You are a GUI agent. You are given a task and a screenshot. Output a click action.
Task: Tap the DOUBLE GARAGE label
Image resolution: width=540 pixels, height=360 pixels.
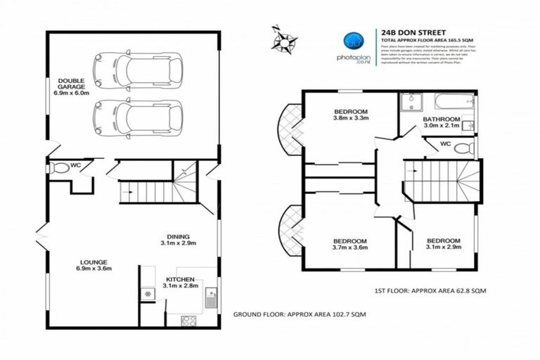click(70, 86)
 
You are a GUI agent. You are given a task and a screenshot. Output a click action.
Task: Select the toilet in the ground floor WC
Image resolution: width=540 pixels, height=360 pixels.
click(60, 168)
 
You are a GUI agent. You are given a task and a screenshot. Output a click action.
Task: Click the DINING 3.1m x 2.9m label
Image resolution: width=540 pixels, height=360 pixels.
click(176, 240)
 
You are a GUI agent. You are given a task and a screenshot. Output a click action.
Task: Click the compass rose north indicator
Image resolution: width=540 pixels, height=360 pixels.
click(284, 37)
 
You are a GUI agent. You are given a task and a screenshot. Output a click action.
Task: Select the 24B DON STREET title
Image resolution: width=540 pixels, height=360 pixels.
click(407, 32)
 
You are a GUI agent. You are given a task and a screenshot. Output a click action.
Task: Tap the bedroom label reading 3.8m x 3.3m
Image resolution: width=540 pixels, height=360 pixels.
click(350, 115)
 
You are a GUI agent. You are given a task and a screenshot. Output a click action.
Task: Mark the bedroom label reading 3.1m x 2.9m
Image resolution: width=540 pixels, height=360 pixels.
click(444, 243)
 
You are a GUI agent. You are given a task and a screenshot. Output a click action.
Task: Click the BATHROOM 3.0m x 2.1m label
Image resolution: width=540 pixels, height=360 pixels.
click(442, 123)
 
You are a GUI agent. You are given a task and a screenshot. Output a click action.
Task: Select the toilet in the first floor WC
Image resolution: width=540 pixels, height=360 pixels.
click(463, 149)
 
